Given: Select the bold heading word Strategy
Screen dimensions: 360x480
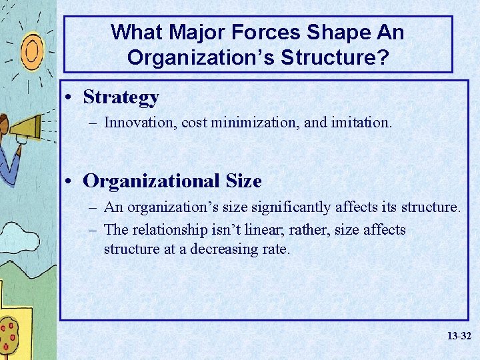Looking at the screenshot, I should click(x=121, y=97).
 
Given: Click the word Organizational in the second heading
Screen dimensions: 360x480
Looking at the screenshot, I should click(x=152, y=181).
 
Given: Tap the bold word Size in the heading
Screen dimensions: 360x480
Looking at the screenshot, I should click(x=243, y=181).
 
